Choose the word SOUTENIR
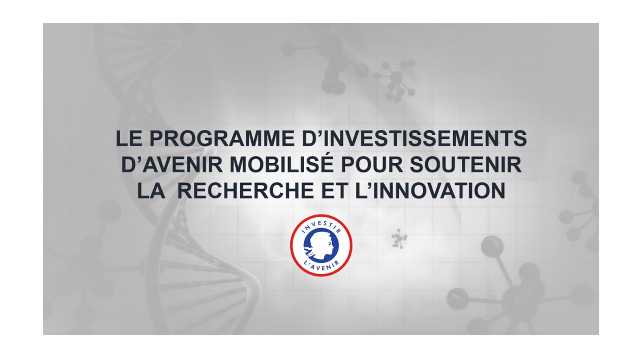coord(466,164)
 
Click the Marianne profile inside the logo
coord(321,245)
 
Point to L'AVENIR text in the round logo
coord(321,265)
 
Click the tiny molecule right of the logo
coord(399,239)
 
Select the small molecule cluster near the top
coord(395,80)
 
